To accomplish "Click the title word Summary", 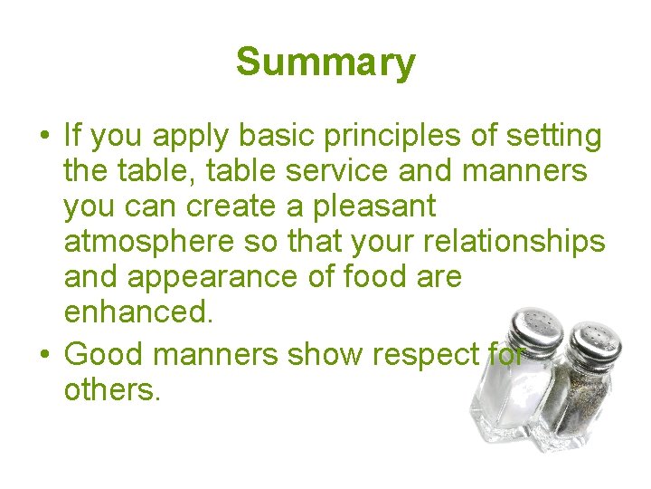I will (325, 63).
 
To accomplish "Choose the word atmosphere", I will (143, 242).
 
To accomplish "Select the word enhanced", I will (138, 312).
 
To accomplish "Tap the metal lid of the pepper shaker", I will (591, 340).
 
